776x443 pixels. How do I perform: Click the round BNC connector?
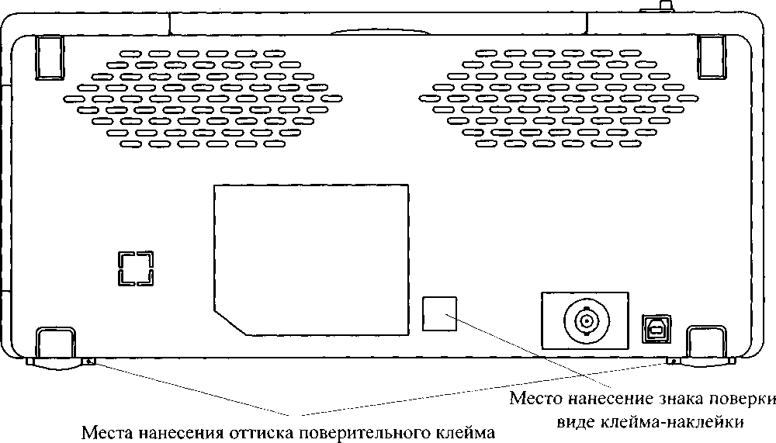click(x=587, y=320)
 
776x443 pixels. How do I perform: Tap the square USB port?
click(x=656, y=328)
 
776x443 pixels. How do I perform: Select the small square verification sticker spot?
click(x=439, y=313)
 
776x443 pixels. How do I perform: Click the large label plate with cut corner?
click(x=311, y=260)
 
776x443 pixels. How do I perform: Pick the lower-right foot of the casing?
click(x=707, y=345)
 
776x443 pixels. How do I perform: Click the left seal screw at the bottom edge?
click(x=89, y=362)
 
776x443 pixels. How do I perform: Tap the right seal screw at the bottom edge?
click(x=672, y=362)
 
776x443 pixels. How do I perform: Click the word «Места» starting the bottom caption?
click(x=106, y=432)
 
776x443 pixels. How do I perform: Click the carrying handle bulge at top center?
click(x=379, y=32)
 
